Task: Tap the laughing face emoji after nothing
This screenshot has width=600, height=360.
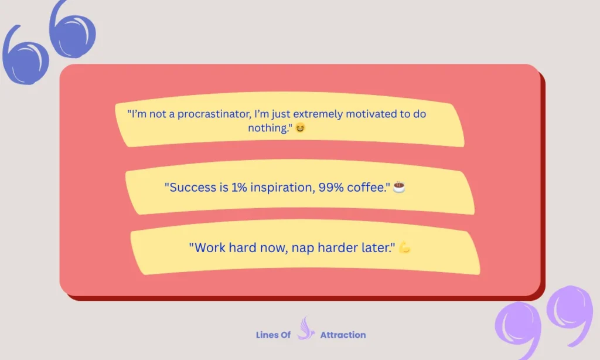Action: pos(299,128)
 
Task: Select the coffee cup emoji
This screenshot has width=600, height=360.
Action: pos(399,188)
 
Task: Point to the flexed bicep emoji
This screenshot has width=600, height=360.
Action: pos(404,247)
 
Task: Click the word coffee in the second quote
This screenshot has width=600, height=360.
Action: pos(370,188)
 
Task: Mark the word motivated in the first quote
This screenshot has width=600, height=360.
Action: pos(371,114)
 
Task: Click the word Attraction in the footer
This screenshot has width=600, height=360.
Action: pos(343,335)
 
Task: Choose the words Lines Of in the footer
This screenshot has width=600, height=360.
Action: pos(273,335)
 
